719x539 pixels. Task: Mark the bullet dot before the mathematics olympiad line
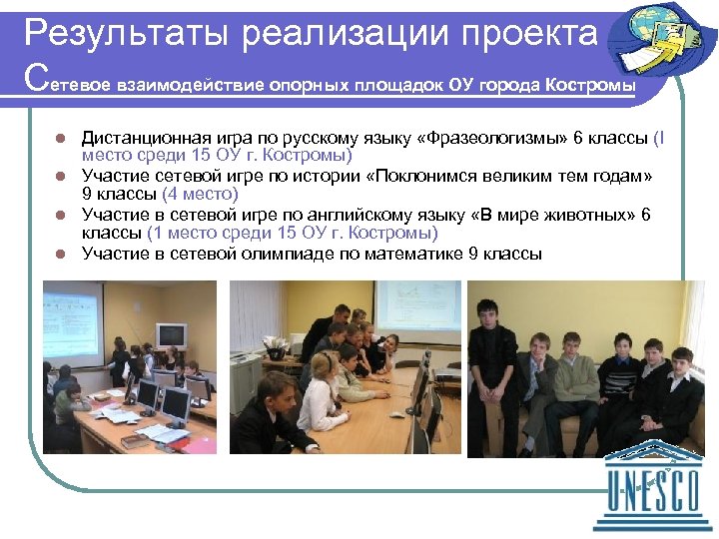point(61,254)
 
